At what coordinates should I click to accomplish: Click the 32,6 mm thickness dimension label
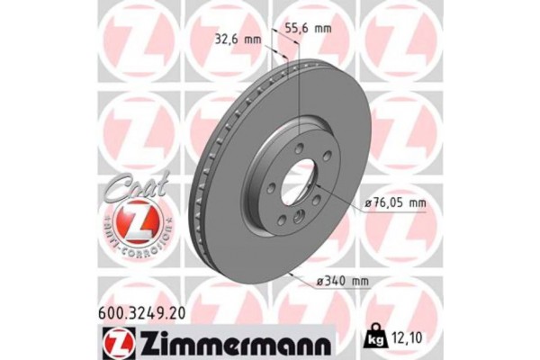pos(239,39)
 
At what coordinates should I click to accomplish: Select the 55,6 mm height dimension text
pos(309,28)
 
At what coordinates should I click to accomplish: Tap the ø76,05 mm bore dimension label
pos(397,204)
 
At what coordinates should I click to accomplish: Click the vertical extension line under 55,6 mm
pos(296,90)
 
